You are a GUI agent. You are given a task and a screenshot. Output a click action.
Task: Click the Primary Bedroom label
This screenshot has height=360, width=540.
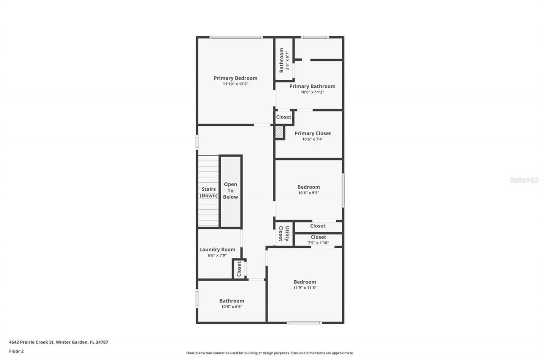coord(235,78)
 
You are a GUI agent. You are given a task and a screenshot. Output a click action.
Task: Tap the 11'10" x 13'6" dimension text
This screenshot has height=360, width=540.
coord(235,84)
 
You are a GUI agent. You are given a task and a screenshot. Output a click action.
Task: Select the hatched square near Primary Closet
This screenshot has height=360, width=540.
coord(279,133)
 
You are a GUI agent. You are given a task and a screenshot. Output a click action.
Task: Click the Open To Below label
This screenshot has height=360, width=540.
coord(230,191)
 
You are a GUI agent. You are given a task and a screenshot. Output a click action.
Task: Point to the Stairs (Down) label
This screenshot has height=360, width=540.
coord(209,192)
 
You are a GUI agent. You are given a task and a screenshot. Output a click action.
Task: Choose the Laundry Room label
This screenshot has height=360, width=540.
coord(217,249)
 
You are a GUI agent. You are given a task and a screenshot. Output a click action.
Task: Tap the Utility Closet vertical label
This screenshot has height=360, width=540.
coord(283,234)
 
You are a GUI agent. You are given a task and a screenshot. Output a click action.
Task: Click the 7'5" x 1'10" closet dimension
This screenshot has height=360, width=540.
coord(318,243)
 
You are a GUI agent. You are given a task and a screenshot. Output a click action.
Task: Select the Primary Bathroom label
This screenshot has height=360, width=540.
coord(312,86)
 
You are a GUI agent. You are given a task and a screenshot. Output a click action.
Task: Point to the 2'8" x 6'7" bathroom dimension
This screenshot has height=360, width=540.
coord(287,60)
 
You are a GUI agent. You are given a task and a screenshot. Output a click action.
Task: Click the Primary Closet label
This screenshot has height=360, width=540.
coord(313,133)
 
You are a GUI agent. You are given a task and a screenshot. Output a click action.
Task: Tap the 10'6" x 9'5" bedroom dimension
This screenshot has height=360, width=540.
coord(308,193)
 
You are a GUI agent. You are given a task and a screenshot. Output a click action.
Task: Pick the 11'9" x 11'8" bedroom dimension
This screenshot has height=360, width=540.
coord(305,287)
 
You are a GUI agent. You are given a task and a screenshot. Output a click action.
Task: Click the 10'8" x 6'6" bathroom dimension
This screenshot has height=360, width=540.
coord(232,306)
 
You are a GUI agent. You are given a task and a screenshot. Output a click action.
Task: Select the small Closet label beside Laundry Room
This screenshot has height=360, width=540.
coord(239,269)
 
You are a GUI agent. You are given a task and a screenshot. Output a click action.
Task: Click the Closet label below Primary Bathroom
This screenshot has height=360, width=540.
coord(283,117)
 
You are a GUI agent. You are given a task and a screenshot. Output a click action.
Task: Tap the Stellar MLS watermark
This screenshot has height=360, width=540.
coord(524,180)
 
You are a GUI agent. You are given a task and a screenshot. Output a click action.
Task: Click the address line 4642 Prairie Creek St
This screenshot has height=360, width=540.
coord(59,342)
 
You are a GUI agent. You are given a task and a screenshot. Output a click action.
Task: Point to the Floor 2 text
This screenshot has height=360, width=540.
coord(16,351)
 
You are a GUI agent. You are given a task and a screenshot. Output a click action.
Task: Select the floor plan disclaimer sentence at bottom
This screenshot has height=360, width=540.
coord(270,353)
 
